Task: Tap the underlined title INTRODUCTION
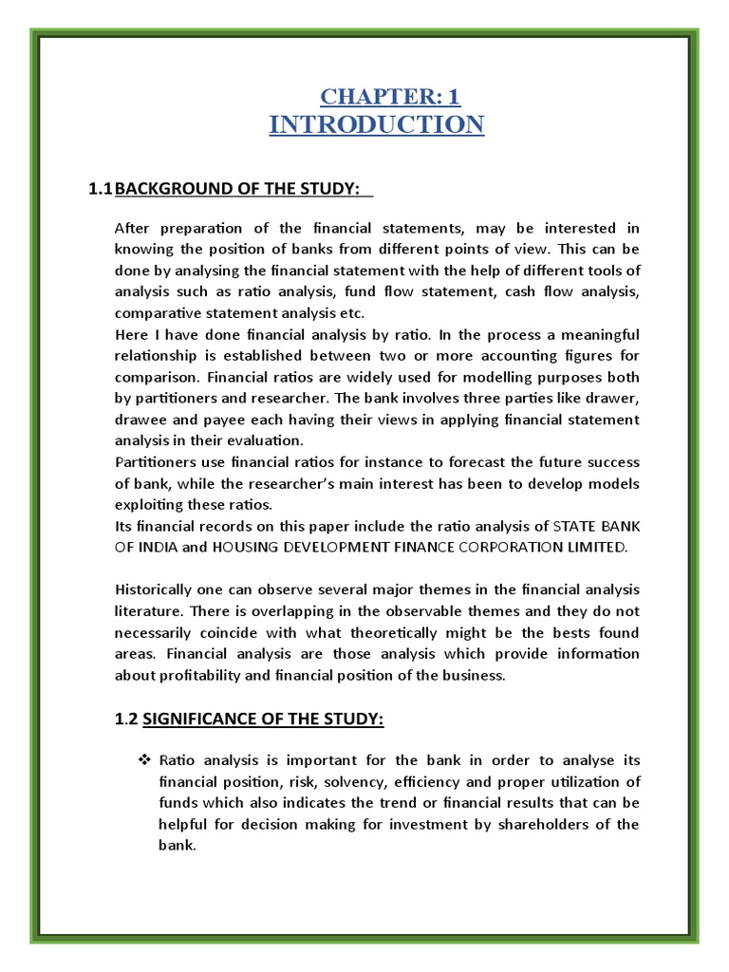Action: point(377,124)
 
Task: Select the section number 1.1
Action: point(100,190)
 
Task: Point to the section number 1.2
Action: point(126,720)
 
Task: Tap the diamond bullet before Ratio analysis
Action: point(145,759)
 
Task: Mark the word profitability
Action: point(198,676)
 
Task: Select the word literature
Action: point(144,612)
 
